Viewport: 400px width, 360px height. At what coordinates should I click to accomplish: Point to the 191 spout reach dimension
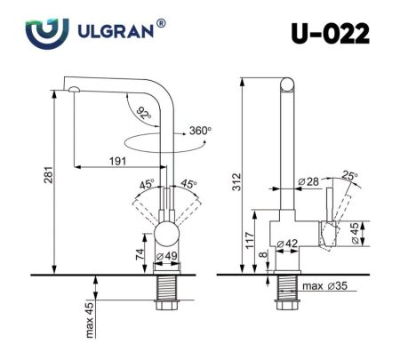(x=116, y=161)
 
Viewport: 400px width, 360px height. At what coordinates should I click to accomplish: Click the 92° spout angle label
(x=144, y=113)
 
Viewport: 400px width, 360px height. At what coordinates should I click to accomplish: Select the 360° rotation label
(x=199, y=131)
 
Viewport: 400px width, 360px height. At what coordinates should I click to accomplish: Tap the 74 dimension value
(x=140, y=253)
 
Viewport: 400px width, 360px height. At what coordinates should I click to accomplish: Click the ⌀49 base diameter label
(x=167, y=258)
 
